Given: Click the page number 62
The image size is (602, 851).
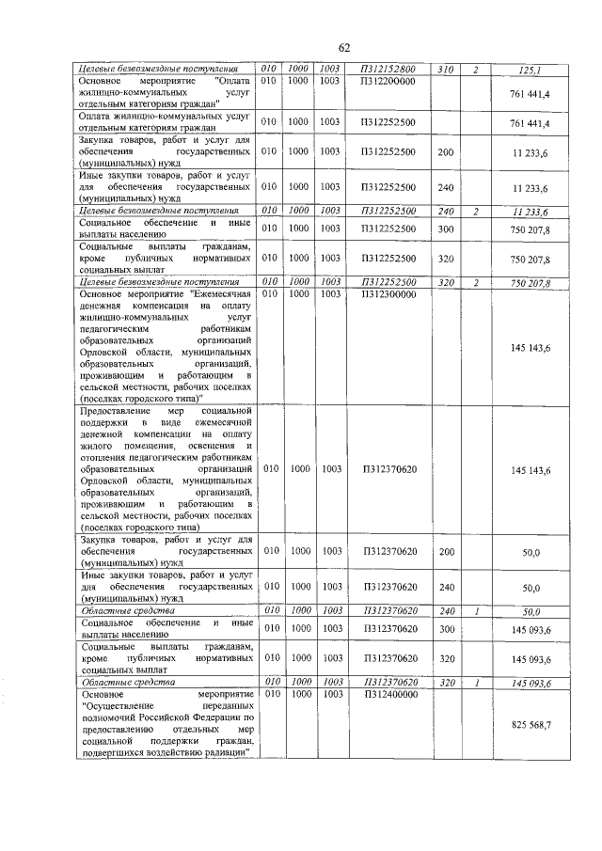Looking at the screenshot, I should [344, 49].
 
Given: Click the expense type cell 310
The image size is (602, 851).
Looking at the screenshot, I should [446, 70].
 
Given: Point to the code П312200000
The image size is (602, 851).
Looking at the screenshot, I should [388, 82].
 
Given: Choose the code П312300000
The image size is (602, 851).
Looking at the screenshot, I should [388, 293].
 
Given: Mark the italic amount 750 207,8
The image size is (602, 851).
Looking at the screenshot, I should [530, 282].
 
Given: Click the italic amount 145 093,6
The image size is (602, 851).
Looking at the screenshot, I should [530, 683].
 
